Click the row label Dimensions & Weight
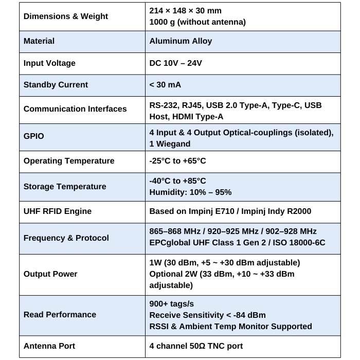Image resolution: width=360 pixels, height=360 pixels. (x=66, y=16)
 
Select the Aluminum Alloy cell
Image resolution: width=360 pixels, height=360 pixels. (x=181, y=41)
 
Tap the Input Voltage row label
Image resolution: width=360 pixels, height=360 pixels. (x=49, y=63)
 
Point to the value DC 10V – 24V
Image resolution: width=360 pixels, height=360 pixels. (x=175, y=63)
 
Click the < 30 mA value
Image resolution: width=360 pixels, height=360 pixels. (x=165, y=85)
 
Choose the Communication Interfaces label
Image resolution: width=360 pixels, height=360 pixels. (x=75, y=109)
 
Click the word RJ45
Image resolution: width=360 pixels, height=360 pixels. (x=191, y=105)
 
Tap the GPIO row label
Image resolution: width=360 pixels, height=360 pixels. (x=34, y=136)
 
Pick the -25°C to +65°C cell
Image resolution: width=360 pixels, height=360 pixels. (x=177, y=161)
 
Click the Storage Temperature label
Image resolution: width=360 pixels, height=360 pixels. (x=65, y=186)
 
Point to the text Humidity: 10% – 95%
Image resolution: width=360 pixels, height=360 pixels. (x=190, y=192)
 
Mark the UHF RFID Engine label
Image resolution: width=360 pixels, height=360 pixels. (x=58, y=211)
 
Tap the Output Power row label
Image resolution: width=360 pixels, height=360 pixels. (x=50, y=274)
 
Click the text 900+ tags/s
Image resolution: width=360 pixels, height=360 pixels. (x=171, y=303)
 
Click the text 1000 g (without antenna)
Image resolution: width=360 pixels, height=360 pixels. (x=197, y=22)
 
